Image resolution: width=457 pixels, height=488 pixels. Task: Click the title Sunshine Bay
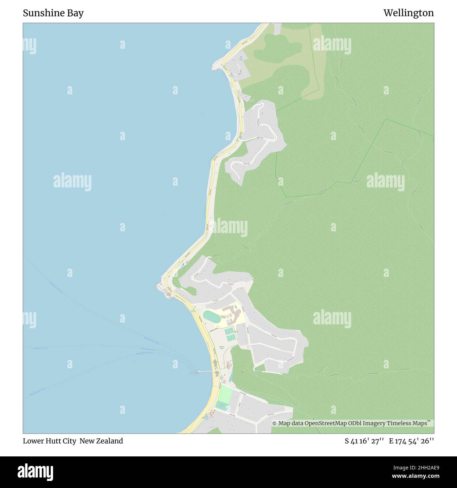53,13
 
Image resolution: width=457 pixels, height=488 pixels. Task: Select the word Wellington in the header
408,13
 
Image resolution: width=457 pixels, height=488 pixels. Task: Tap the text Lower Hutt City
50,441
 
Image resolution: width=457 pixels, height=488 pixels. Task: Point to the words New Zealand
101,441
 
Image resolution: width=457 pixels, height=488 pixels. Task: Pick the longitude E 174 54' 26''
411,441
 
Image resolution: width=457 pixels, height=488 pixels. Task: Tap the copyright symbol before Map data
274,423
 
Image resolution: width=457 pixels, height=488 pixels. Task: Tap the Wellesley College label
225,317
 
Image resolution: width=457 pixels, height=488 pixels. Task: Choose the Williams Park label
222,347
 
